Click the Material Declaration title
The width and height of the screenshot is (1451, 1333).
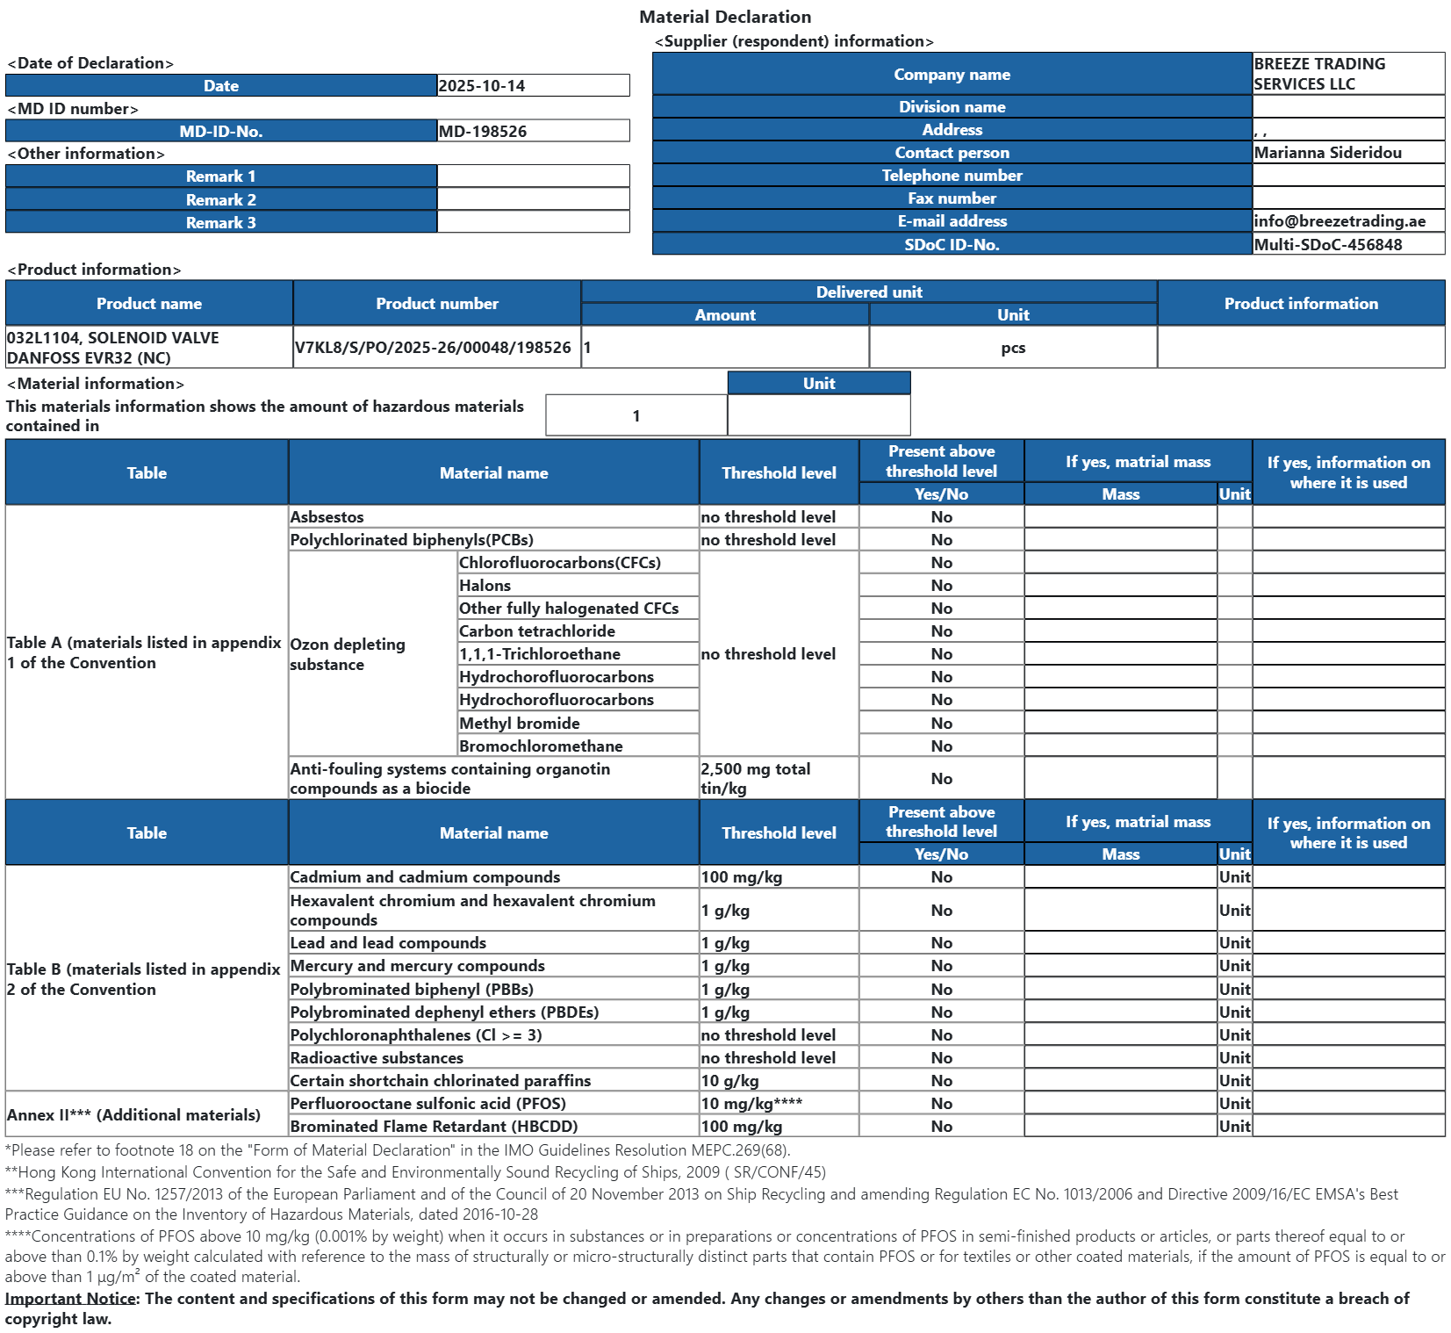725,17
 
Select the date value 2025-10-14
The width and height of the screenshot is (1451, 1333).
482,86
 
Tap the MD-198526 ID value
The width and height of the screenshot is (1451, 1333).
483,132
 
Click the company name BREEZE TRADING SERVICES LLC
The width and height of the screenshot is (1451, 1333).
1318,74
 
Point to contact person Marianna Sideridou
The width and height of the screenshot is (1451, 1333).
1327,153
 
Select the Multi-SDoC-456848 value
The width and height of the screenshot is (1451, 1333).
1327,245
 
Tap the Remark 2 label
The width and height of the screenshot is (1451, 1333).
220,200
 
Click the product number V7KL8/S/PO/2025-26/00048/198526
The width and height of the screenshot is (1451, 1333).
433,348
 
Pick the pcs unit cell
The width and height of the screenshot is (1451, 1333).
1013,348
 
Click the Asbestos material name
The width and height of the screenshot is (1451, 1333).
327,517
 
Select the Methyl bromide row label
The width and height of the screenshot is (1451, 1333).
519,724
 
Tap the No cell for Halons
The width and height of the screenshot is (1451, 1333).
941,586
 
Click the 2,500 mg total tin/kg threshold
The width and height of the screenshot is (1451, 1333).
755,778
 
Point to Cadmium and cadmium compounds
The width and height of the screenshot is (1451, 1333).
425,877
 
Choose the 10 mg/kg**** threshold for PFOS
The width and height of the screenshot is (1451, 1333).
751,1104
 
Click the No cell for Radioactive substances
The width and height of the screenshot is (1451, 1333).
941,1058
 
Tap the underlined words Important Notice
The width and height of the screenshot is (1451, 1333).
70,1299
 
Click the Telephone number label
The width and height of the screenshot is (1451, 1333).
952,176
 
